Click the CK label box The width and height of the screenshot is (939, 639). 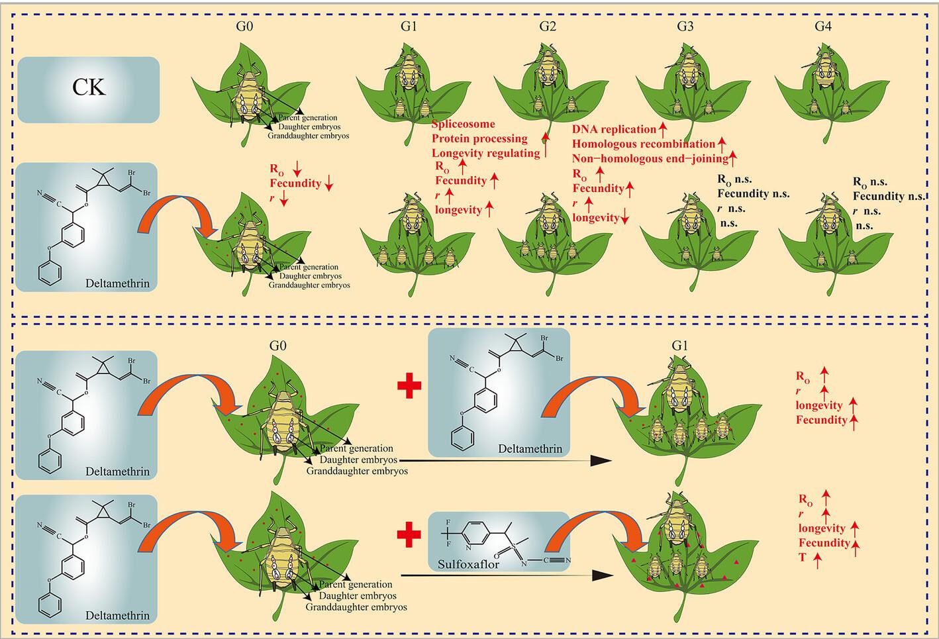tap(89, 90)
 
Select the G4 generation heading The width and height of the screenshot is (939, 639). tap(823, 26)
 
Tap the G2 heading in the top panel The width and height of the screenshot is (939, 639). tap(548, 26)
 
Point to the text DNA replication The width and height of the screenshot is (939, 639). tap(614, 129)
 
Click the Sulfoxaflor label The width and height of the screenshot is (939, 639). tap(469, 564)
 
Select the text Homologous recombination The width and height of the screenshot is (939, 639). tap(644, 144)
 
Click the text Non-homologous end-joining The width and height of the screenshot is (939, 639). tap(650, 158)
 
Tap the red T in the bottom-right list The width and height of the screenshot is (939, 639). tap(803, 558)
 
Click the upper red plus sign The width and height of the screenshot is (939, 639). tap(409, 386)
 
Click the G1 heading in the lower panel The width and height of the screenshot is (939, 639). tap(679, 346)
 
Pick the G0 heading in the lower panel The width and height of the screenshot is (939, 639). tap(278, 346)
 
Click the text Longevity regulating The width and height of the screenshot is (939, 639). tap(486, 154)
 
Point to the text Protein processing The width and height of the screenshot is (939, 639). tap(479, 139)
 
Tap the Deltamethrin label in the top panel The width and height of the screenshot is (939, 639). tap(117, 283)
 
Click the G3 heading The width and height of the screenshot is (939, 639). tap(685, 26)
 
